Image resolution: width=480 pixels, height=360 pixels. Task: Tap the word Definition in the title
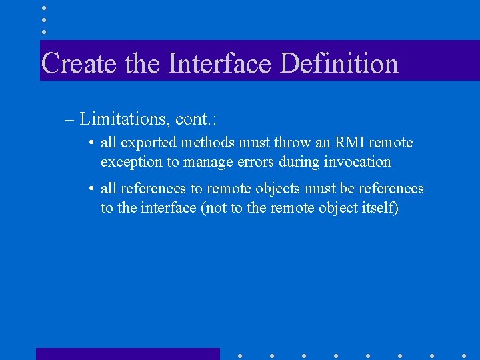pos(339,64)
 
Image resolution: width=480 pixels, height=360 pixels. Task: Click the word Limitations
pos(124,119)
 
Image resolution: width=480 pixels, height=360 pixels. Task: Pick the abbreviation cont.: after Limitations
pos(197,119)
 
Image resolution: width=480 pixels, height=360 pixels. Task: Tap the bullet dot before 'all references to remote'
pos(91,189)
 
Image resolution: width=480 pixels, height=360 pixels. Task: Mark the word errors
pos(254,162)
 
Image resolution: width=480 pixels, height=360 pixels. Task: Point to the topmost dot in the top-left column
pos(44,8)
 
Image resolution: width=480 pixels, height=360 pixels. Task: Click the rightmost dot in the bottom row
pos(464,355)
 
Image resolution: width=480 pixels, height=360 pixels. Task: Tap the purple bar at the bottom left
pos(127,354)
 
